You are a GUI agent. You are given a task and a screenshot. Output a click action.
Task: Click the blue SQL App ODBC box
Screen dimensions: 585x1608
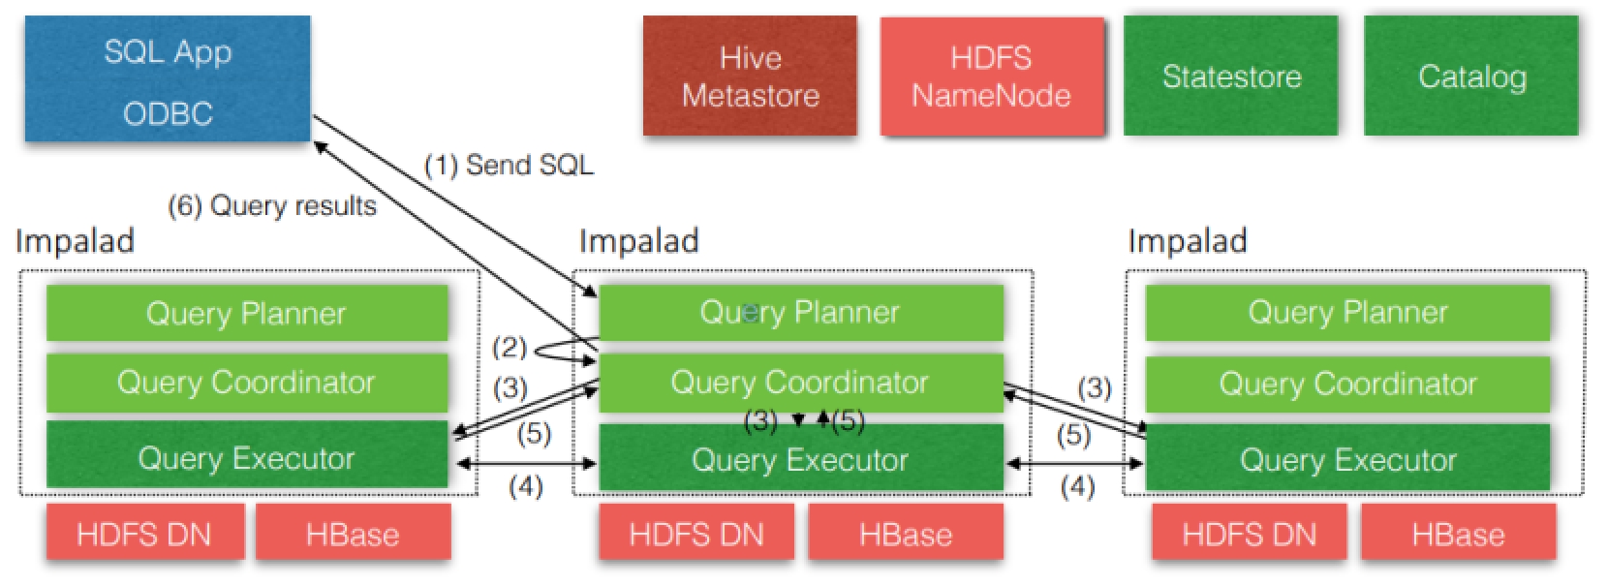(x=168, y=80)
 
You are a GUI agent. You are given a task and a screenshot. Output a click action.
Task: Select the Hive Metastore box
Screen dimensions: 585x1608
(x=750, y=77)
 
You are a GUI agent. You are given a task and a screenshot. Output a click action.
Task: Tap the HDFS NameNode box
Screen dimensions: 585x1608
(x=991, y=77)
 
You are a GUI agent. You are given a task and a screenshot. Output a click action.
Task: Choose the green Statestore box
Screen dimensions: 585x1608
(x=1230, y=77)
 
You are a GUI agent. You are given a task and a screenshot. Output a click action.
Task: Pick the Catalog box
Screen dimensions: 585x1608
(x=1470, y=77)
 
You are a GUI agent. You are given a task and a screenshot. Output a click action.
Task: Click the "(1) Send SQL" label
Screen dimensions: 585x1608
(x=509, y=166)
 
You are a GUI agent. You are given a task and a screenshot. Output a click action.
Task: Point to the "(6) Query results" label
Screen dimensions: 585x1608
(x=272, y=206)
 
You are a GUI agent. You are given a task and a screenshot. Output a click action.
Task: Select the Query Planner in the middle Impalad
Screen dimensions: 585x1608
(x=800, y=312)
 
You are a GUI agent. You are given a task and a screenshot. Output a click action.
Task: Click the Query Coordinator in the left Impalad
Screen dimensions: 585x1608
(x=246, y=383)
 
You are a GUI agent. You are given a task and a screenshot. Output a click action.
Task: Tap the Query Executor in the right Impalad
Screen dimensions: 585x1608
(x=1347, y=459)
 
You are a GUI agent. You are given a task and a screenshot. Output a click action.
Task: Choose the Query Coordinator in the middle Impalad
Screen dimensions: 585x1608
(x=800, y=383)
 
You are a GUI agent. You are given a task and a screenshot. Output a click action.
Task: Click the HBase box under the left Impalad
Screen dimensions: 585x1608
(x=353, y=534)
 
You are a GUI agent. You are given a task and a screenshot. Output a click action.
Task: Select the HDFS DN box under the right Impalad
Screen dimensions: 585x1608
(x=1249, y=534)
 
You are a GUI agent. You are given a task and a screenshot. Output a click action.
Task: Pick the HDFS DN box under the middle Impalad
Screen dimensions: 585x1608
(x=696, y=534)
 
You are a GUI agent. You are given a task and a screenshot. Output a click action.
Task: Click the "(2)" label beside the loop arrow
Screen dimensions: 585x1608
(x=509, y=348)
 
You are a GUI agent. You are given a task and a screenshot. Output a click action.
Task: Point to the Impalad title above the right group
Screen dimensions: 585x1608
(x=1188, y=241)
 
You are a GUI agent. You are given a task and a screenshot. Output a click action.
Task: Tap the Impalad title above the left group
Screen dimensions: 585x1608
(x=75, y=241)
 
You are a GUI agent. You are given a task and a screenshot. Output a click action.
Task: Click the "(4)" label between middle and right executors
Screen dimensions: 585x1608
(x=1077, y=486)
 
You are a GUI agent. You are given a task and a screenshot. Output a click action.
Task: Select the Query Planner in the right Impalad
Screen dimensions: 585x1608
(x=1347, y=312)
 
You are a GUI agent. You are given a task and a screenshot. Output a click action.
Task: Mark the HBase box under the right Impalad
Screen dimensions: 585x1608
(x=1458, y=534)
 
